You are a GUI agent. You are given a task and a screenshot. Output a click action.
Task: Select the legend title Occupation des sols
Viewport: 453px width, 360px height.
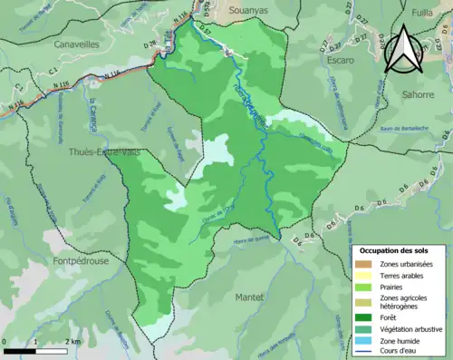coord(394,249)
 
